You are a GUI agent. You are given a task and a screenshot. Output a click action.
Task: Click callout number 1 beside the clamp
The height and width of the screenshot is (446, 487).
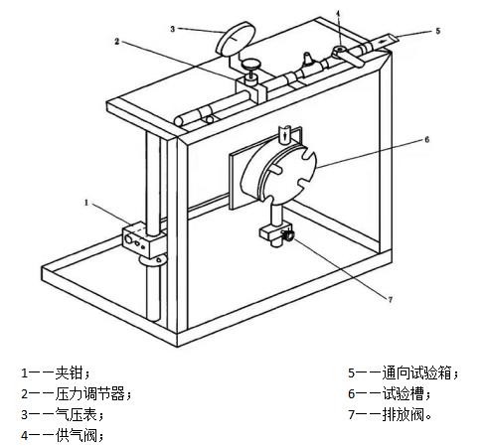point(86,202)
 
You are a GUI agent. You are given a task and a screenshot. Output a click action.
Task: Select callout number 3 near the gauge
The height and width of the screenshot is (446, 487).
point(172,30)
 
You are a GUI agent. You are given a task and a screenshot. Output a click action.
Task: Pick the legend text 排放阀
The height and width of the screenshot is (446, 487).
point(407,414)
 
